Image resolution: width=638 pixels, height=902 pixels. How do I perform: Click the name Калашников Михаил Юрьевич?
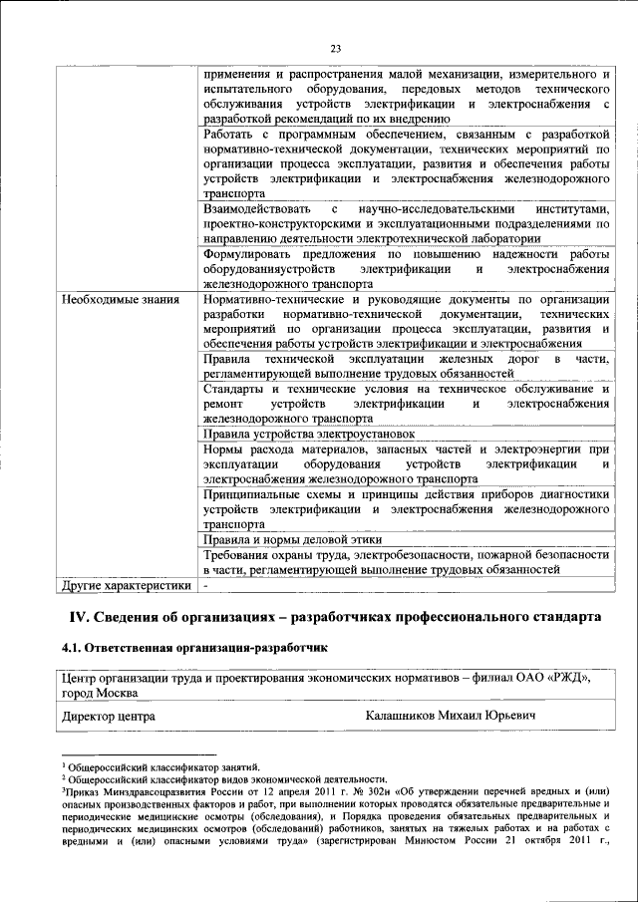451,716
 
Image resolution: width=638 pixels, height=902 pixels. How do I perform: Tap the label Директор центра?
108,716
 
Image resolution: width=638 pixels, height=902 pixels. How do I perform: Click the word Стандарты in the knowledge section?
232,389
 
